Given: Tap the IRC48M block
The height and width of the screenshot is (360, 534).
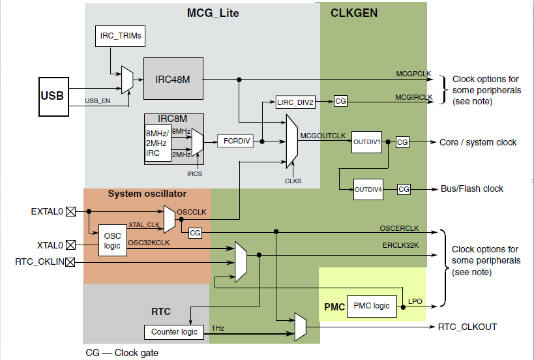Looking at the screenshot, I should pyautogui.click(x=173, y=79).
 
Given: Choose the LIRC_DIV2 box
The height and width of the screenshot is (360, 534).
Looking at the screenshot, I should pyautogui.click(x=295, y=102).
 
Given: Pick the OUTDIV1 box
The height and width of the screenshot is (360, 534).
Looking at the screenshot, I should pyautogui.click(x=366, y=142).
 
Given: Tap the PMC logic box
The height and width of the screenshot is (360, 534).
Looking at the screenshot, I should pyautogui.click(x=371, y=305).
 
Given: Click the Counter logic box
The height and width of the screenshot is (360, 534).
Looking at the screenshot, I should pyautogui.click(x=174, y=331).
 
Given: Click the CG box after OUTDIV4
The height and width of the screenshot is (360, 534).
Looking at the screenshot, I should pyautogui.click(x=404, y=189).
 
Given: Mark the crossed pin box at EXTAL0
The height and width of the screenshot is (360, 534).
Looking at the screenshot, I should pyautogui.click(x=70, y=211).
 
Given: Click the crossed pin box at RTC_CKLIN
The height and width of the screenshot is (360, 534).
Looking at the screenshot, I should pyautogui.click(x=70, y=262).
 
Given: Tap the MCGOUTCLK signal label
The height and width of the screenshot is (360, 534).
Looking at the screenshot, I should pyautogui.click(x=322, y=136).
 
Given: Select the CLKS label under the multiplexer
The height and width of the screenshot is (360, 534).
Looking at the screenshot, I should pyautogui.click(x=293, y=181).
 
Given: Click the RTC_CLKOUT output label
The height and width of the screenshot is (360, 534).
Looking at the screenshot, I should pyautogui.click(x=469, y=327).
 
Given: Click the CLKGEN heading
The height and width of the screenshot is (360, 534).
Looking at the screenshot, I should pyautogui.click(x=354, y=12).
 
